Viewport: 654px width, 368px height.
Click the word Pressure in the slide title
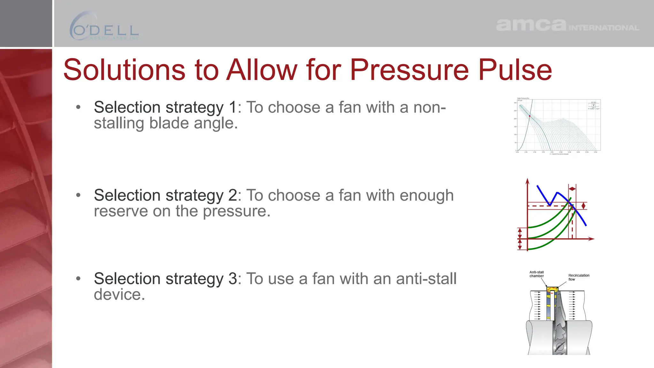409,70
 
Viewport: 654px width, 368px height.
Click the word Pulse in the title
515,70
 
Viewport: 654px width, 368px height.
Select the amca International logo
567,25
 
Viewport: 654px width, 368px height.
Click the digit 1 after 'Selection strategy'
233,107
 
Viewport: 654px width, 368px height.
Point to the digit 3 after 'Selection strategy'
233,279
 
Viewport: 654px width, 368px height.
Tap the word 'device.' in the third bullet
119,295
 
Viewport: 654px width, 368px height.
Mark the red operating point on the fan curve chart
529,116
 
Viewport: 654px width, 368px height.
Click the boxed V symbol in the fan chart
594,105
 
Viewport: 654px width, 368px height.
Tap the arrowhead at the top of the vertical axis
527,181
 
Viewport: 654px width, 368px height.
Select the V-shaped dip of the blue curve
550,204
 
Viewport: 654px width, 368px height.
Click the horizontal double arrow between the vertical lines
572,189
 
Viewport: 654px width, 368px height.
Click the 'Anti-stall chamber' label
536,274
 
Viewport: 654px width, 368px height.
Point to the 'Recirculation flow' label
578,277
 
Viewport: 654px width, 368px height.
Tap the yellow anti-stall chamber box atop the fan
552,289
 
